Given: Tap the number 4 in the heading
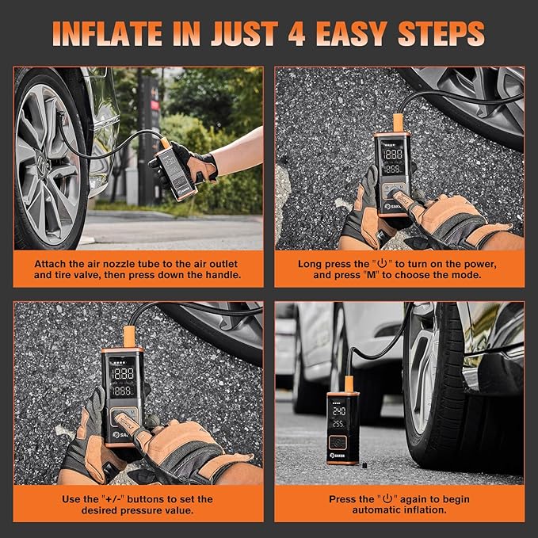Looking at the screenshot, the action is (x=296, y=33).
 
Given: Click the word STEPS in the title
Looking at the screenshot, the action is (x=441, y=33).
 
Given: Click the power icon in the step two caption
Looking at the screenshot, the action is (x=382, y=264).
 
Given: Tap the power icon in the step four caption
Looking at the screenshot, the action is (x=387, y=498).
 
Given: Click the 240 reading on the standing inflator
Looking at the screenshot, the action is (x=338, y=411).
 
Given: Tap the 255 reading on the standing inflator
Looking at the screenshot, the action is (x=338, y=425).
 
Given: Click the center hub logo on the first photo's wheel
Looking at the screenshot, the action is (x=41, y=162).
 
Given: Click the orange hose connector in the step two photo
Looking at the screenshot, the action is (x=398, y=123).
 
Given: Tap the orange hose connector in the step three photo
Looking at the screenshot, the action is (x=129, y=337).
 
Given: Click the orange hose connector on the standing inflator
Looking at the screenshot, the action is (x=349, y=384).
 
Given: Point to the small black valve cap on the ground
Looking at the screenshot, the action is (x=364, y=466).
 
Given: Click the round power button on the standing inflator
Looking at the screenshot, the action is (x=338, y=443).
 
